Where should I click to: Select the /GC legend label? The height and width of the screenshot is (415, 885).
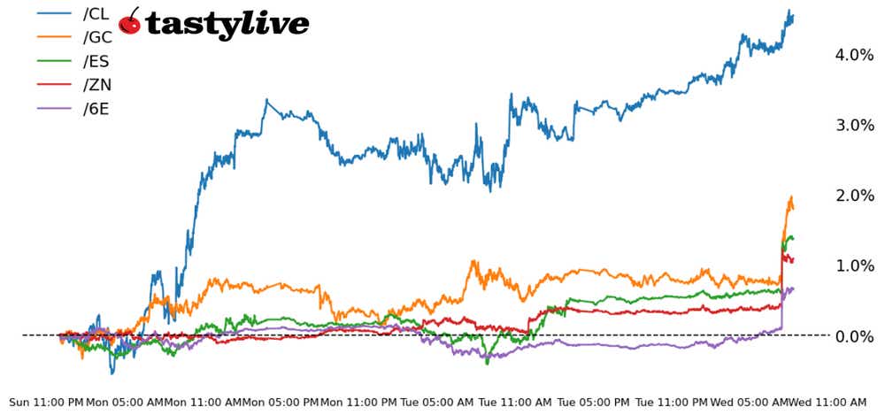pyautogui.click(x=96, y=37)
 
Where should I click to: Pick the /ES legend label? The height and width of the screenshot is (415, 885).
pyautogui.click(x=96, y=61)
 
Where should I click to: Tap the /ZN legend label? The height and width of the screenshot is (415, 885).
pyautogui.click(x=96, y=85)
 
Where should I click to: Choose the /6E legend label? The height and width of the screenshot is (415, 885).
pyautogui.click(x=96, y=110)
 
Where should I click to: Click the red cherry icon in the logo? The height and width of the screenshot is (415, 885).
pyautogui.click(x=129, y=22)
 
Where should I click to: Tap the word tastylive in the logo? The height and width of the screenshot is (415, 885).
pyautogui.click(x=227, y=24)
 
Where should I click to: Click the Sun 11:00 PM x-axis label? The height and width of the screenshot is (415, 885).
pyautogui.click(x=46, y=402)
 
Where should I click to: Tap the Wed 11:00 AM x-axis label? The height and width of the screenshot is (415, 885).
pyautogui.click(x=828, y=402)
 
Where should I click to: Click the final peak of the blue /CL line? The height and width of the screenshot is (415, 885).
pyautogui.click(x=789, y=11)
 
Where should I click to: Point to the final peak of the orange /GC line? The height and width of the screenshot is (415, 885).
pyautogui.click(x=790, y=197)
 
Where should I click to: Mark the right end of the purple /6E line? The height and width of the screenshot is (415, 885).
pyautogui.click(x=793, y=288)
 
